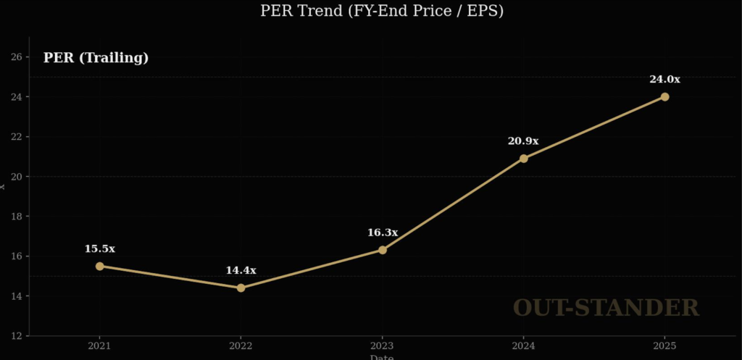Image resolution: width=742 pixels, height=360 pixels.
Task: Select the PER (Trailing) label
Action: click(96, 58)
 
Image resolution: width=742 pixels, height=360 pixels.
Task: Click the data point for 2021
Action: click(99, 266)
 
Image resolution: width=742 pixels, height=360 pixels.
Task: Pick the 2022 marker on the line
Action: click(241, 288)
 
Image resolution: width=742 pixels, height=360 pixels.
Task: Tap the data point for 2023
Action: click(383, 250)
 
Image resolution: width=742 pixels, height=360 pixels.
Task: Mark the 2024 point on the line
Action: click(524, 159)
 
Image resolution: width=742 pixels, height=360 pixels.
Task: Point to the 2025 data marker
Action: click(664, 96)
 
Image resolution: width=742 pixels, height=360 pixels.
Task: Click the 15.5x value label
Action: click(99, 248)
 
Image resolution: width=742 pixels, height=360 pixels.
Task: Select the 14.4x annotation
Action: click(241, 270)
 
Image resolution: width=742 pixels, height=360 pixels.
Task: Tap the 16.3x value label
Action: click(383, 233)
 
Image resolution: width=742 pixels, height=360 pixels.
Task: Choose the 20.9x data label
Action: click(523, 141)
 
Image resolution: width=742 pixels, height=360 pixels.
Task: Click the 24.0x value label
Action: click(664, 79)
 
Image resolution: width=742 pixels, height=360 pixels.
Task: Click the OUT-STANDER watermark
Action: click(606, 308)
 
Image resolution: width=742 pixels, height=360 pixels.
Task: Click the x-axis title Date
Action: click(382, 357)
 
